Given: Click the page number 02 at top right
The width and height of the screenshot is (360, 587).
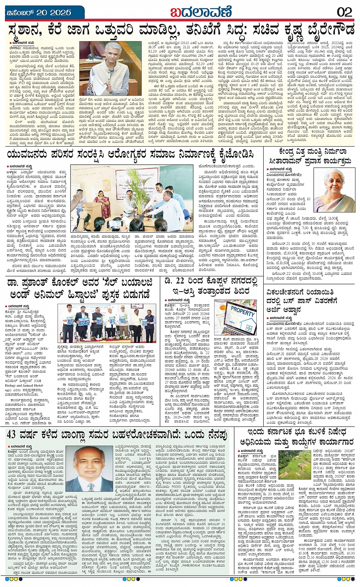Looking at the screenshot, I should pyautogui.click(x=344, y=12).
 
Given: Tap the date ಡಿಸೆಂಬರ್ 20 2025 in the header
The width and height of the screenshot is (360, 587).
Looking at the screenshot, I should pyautogui.click(x=39, y=13).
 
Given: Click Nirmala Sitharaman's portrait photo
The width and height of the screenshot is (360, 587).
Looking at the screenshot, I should pyautogui.click(x=334, y=190).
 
